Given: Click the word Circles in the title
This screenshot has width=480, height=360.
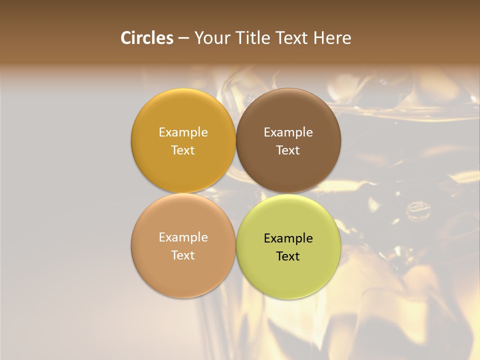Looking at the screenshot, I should coord(147,38).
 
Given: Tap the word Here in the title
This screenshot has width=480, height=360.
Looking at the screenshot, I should coord(332,38).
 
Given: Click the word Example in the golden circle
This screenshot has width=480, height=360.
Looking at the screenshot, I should coord(183,132).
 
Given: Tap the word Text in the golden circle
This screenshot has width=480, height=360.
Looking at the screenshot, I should coord(183,150).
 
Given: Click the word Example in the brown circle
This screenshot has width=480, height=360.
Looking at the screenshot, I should coord(288,132).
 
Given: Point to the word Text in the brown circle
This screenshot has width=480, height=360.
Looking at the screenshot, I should coord(288,150).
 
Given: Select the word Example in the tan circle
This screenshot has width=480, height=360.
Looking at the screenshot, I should coord(183,237).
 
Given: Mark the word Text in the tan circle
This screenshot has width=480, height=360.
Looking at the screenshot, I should coord(183,255).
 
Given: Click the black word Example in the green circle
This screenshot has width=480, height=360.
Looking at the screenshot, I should coord(288,238).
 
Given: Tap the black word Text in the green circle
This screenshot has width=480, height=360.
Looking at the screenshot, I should coord(288,256).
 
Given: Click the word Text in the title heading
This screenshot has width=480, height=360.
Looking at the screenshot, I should coord(292,38).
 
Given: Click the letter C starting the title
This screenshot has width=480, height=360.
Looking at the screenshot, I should coord(126,38).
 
